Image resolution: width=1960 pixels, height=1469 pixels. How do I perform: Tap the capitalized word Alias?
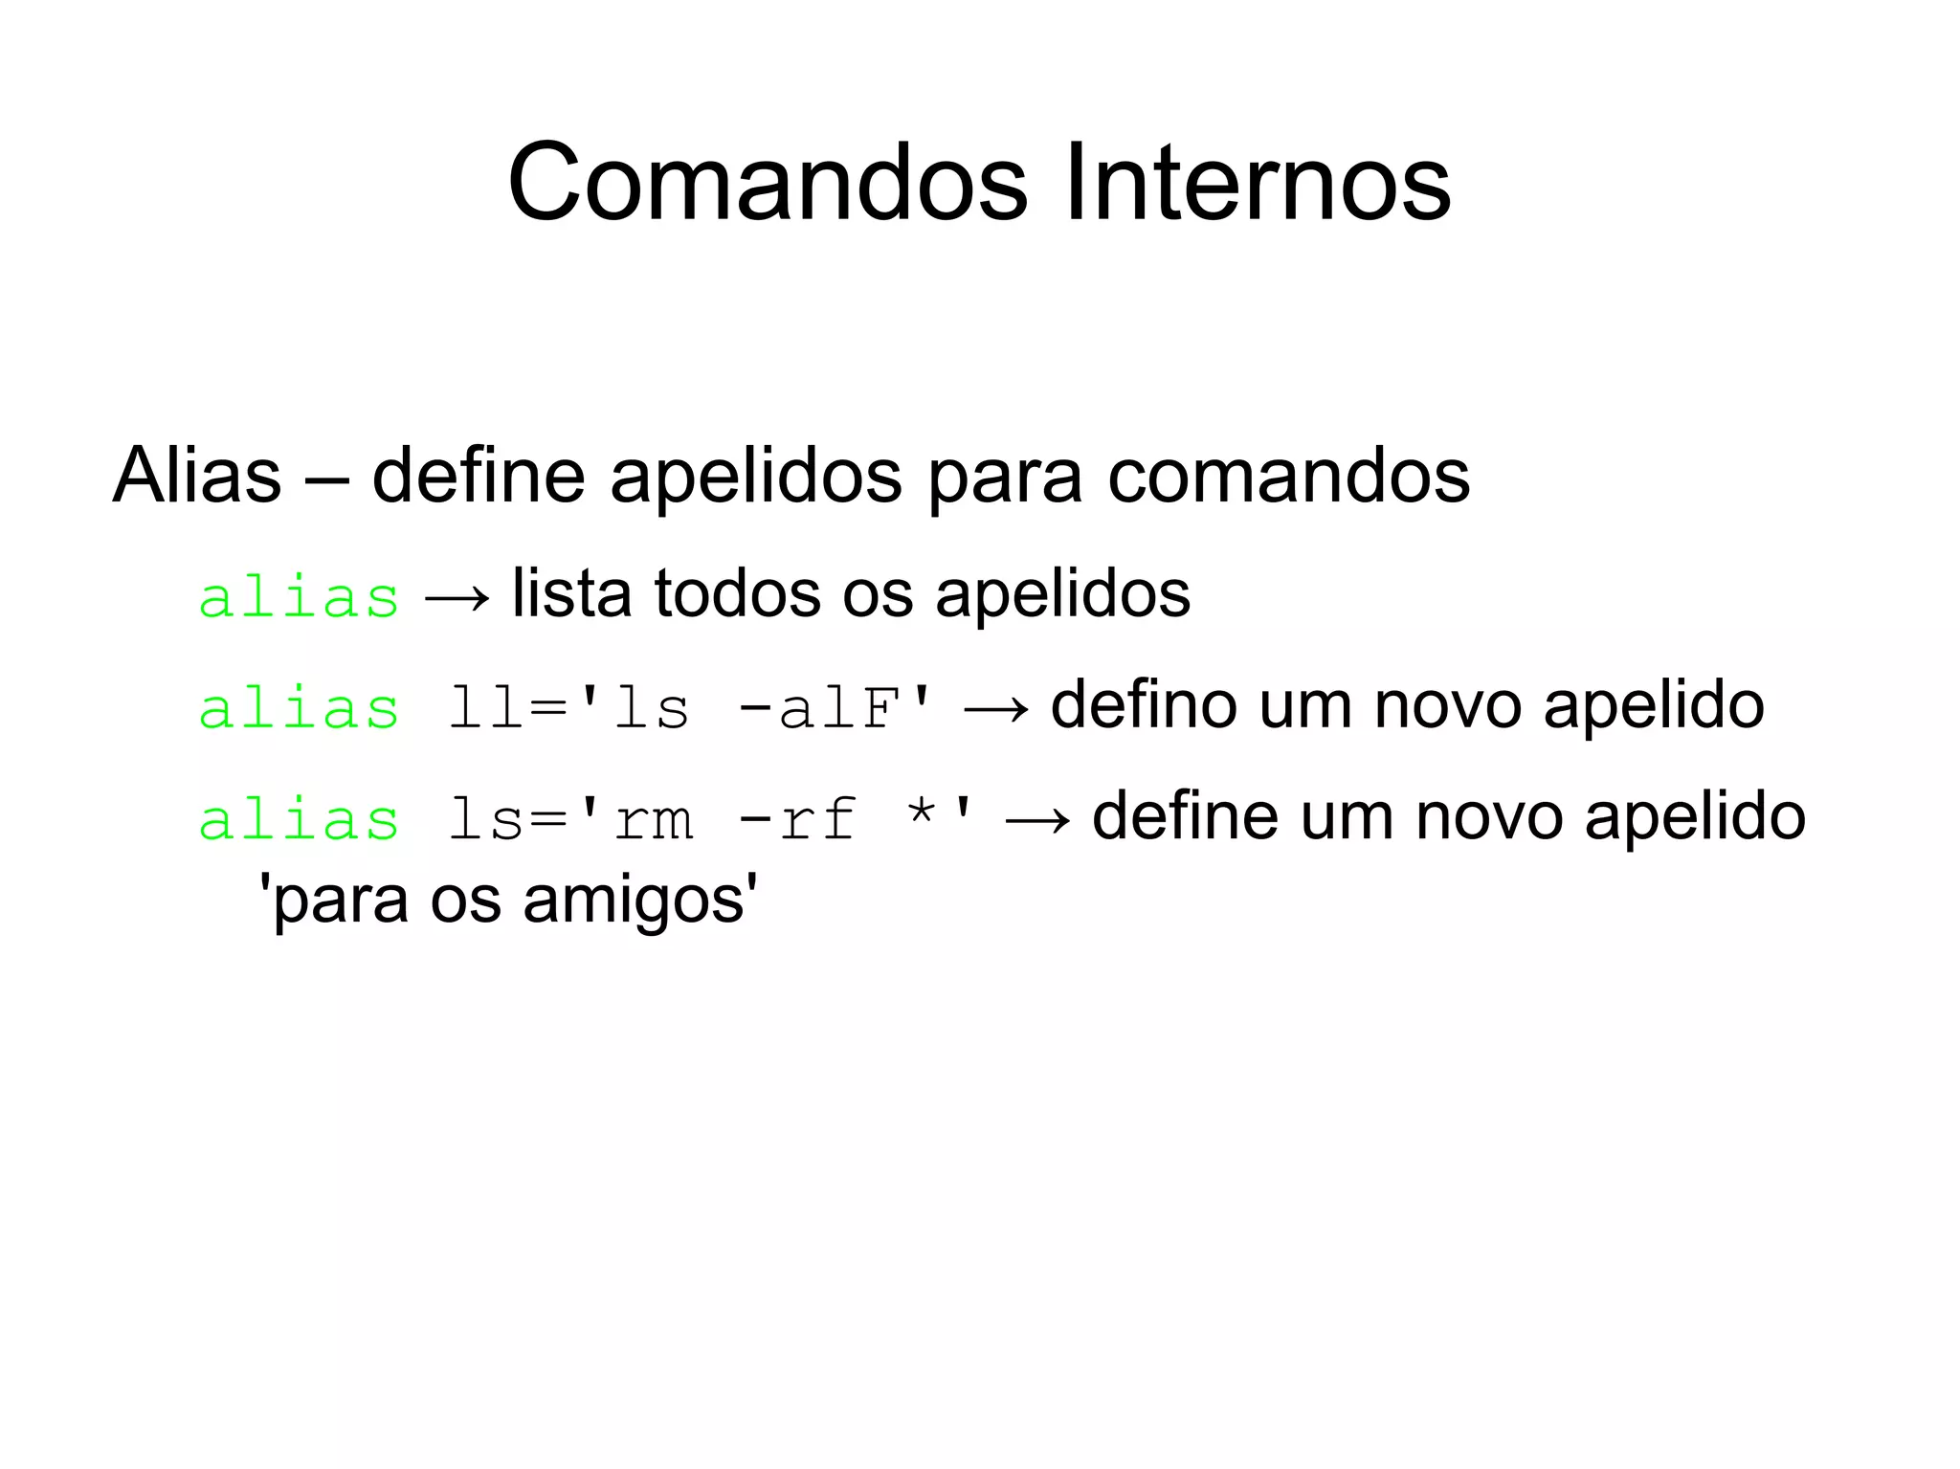coord(197,476)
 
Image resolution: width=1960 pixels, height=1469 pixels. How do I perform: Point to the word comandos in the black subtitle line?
coord(1288,476)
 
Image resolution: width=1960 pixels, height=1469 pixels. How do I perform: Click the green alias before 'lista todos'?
coord(299,599)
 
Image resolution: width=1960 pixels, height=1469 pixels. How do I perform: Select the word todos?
coord(737,594)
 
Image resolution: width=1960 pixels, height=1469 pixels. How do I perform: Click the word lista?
coord(572,594)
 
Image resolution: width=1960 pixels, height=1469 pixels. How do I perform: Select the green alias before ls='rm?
coord(299,821)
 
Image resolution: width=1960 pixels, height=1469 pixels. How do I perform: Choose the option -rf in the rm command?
coord(797,821)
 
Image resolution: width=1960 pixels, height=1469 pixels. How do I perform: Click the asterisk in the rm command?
coord(922,813)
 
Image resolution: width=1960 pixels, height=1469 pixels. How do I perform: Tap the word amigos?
coord(635,901)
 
